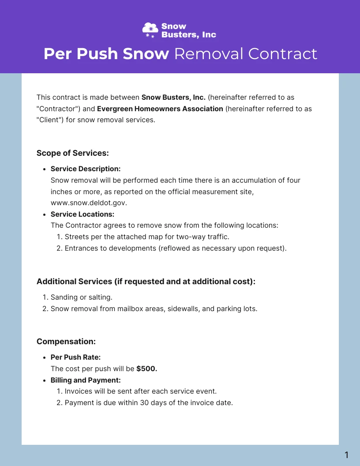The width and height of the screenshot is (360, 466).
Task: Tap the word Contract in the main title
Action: pos(282,54)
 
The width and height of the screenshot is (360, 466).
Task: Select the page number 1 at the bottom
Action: pos(346,455)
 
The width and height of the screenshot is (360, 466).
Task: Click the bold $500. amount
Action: pos(147,368)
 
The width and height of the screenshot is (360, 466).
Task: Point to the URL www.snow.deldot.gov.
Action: pos(89,203)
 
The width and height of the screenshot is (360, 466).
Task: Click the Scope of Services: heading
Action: pos(72,153)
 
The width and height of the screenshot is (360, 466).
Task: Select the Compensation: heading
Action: pos(66,342)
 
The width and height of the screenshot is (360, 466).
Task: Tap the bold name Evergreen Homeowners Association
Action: pos(160,109)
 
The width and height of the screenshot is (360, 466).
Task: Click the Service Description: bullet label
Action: pos(86,169)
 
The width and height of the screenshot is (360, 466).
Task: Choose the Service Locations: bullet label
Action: pos(82,214)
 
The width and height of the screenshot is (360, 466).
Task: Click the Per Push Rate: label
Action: pos(75,357)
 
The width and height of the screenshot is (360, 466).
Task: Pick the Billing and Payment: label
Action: pos(86,380)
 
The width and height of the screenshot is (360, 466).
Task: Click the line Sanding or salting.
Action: pos(82,297)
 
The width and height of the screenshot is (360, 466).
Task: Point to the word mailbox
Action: pos(131,309)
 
